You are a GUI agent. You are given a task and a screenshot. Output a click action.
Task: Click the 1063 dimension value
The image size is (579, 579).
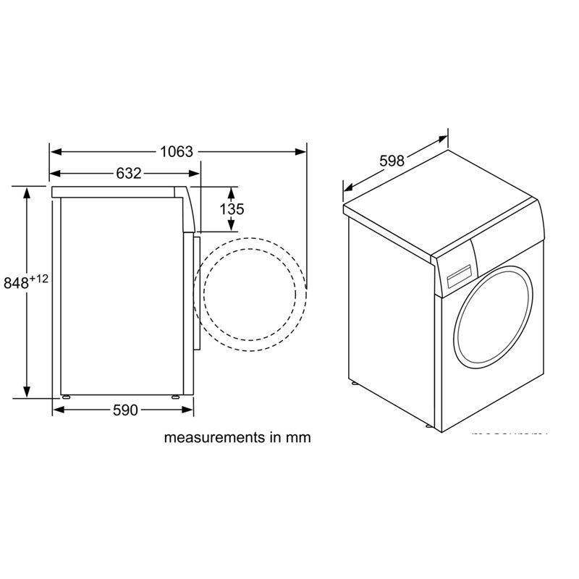pos(177,152)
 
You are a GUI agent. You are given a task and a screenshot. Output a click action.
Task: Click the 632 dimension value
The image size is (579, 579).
pos(128,174)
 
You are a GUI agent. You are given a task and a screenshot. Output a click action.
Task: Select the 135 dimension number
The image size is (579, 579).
pos(232,209)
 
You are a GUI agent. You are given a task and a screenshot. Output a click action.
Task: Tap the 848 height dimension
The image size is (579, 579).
pos(16,284)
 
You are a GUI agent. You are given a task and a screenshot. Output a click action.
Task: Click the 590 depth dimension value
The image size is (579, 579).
pos(124,411)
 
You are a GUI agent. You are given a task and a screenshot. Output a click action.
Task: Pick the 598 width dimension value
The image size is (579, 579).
pos(392,161)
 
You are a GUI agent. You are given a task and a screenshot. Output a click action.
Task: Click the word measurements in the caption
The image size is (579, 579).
pos(211,438)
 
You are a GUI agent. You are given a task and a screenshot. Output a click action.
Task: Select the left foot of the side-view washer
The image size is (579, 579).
pos(67,397)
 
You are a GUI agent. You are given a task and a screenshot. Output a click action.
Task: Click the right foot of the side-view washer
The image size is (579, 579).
pos(176,397)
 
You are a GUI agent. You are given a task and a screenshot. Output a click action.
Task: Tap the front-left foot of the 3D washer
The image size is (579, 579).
pos(354,381)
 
